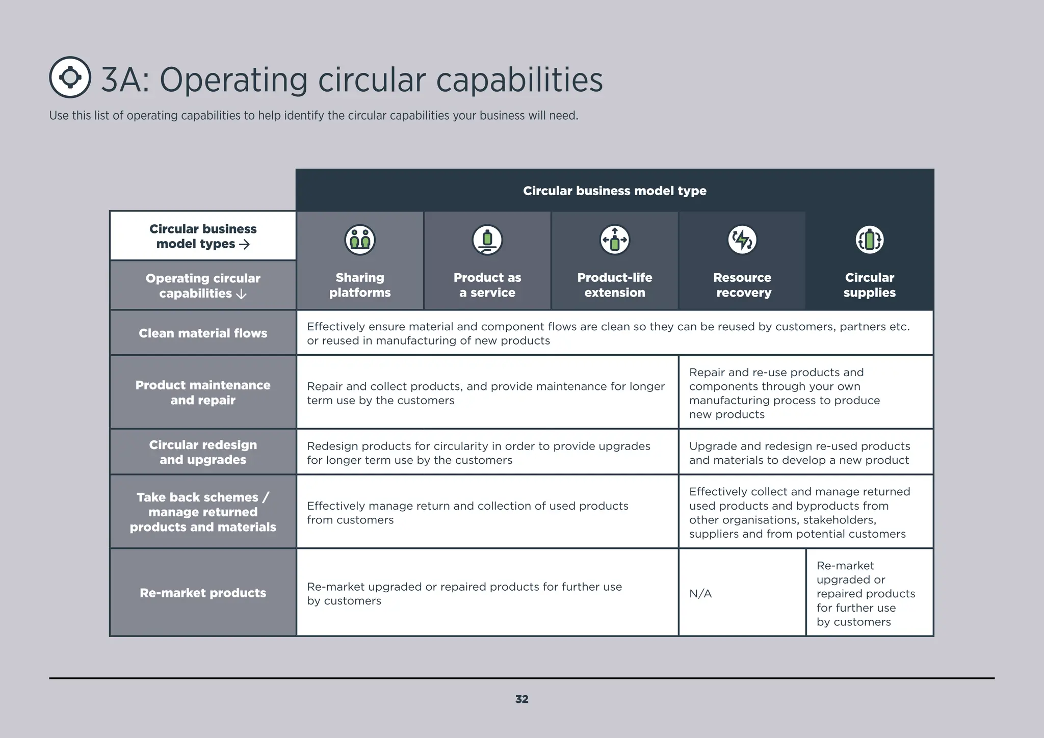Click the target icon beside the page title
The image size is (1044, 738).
[x=70, y=77]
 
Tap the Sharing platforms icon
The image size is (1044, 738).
[x=360, y=240]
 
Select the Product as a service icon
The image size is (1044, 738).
[x=487, y=240]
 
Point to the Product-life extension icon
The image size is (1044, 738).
[x=615, y=240]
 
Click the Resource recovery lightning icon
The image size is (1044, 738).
[x=742, y=240]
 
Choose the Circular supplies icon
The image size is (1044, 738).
[x=870, y=240]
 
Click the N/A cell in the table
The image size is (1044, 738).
[x=700, y=593]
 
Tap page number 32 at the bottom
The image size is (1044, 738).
[x=521, y=699]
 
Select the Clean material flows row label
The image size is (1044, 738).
[x=203, y=333]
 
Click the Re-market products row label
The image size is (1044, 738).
[x=203, y=593]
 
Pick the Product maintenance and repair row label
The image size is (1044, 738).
[x=203, y=392]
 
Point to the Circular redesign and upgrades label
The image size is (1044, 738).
[x=203, y=452]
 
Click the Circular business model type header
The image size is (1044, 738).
[x=615, y=191]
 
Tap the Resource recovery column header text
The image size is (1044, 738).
[x=742, y=285]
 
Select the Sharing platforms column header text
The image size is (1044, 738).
[x=360, y=285]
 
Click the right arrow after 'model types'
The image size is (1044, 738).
[x=245, y=245]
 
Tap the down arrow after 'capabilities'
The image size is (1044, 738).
[x=242, y=294]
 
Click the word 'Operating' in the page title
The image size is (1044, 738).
[x=233, y=80]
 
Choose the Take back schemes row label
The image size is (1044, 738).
[x=203, y=512]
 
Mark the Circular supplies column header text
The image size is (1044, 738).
[x=870, y=285]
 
